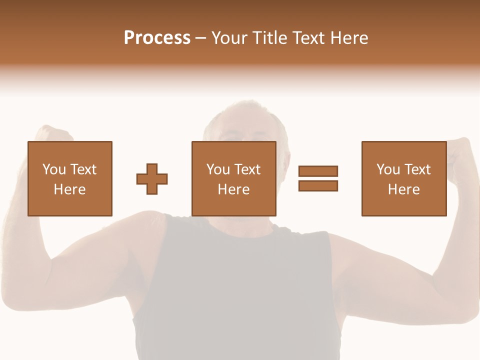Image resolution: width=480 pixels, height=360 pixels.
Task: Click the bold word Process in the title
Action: [157, 38]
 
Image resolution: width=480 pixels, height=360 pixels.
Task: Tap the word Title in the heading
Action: [268, 38]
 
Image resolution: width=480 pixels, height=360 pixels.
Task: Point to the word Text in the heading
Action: [308, 38]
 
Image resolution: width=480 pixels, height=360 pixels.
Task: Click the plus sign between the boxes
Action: [152, 179]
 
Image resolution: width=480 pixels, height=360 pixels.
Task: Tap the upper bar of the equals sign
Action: [318, 171]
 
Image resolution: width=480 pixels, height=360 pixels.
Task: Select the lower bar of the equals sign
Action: [318, 185]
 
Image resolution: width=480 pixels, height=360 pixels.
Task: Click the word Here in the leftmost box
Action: [69, 189]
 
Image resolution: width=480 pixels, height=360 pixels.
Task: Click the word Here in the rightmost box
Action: [403, 189]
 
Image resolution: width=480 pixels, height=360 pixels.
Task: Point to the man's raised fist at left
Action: [52, 134]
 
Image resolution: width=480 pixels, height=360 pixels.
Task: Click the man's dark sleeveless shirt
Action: [235, 290]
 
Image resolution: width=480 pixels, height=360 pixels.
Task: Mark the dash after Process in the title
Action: [200, 38]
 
